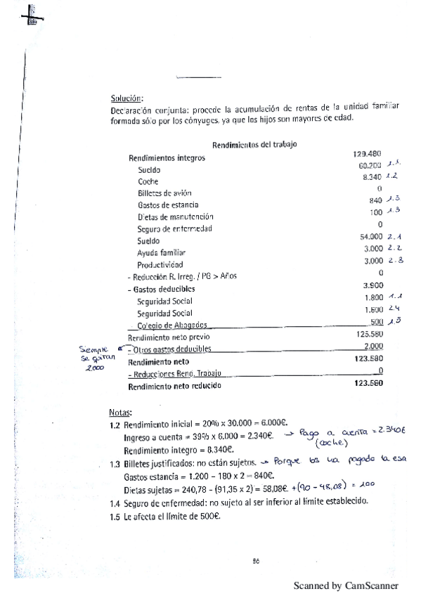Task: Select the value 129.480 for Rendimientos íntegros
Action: (x=365, y=153)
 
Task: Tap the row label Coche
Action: (x=148, y=181)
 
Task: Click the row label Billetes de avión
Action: (x=164, y=193)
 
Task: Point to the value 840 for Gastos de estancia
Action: (x=375, y=200)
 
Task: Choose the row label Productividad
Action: (x=160, y=264)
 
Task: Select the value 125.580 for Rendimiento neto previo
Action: (x=368, y=335)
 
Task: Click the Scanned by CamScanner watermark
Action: (x=345, y=585)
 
